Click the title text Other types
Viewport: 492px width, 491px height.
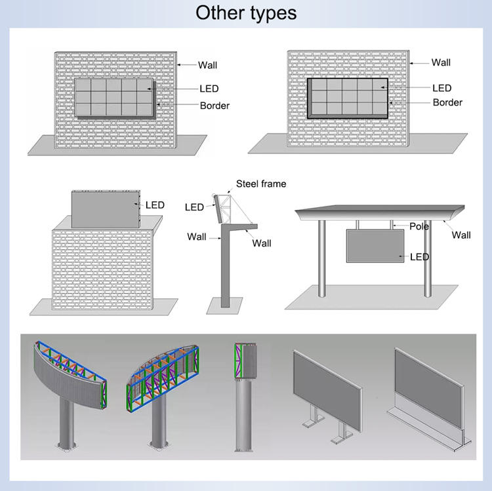tap(246, 12)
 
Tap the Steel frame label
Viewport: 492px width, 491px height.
tap(261, 184)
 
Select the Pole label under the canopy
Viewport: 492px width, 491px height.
tap(419, 226)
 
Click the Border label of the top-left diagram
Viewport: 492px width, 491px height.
tap(215, 106)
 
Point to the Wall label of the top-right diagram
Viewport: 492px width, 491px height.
tap(441, 63)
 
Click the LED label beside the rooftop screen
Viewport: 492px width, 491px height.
tap(155, 205)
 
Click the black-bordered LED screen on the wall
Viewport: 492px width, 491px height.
tap(348, 97)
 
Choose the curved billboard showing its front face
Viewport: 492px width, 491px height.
tap(69, 380)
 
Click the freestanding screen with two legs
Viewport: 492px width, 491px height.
tap(327, 390)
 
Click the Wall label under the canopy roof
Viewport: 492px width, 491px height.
tap(461, 235)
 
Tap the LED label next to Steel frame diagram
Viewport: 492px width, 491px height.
tap(194, 207)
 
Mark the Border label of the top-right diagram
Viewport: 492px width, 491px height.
tap(447, 102)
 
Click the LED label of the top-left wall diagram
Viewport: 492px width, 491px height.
tap(209, 88)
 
